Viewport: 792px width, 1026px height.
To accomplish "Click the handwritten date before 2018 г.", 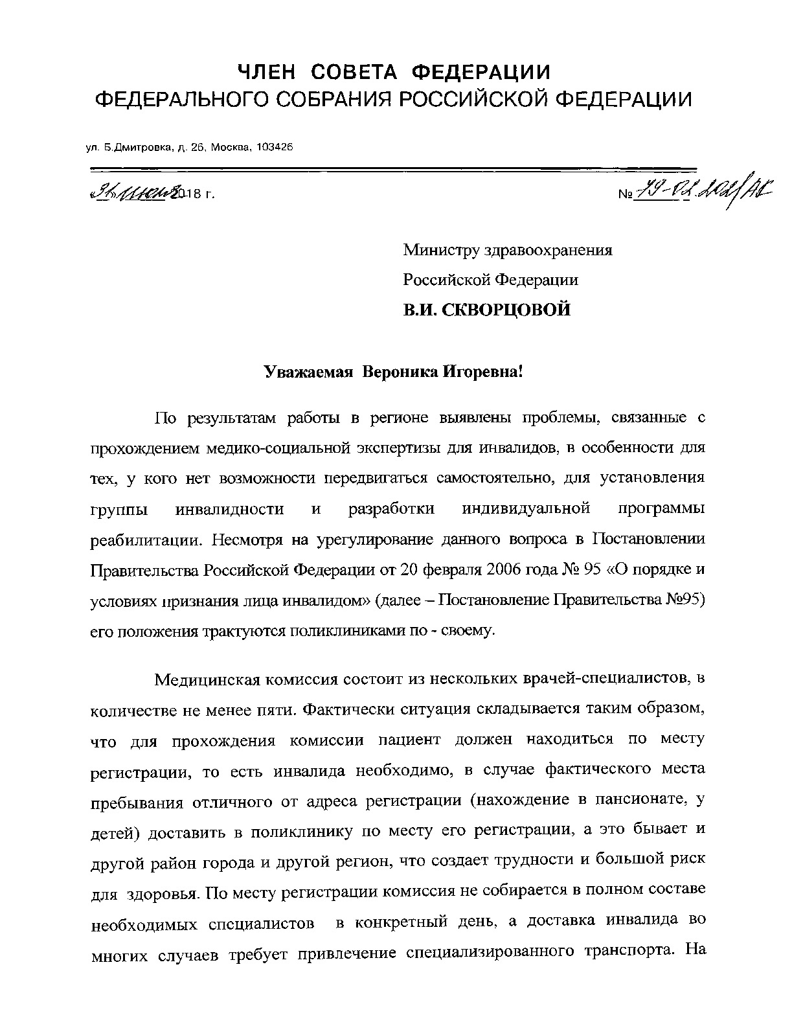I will click(x=136, y=192).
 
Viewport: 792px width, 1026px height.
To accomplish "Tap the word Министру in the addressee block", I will click(x=440, y=250).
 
